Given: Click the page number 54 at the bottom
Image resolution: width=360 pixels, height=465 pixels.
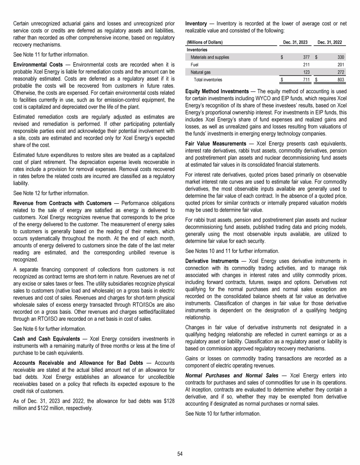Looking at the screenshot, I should coord(180,454).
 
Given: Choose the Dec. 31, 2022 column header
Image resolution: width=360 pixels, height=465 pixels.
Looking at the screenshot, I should coord(329,43).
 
